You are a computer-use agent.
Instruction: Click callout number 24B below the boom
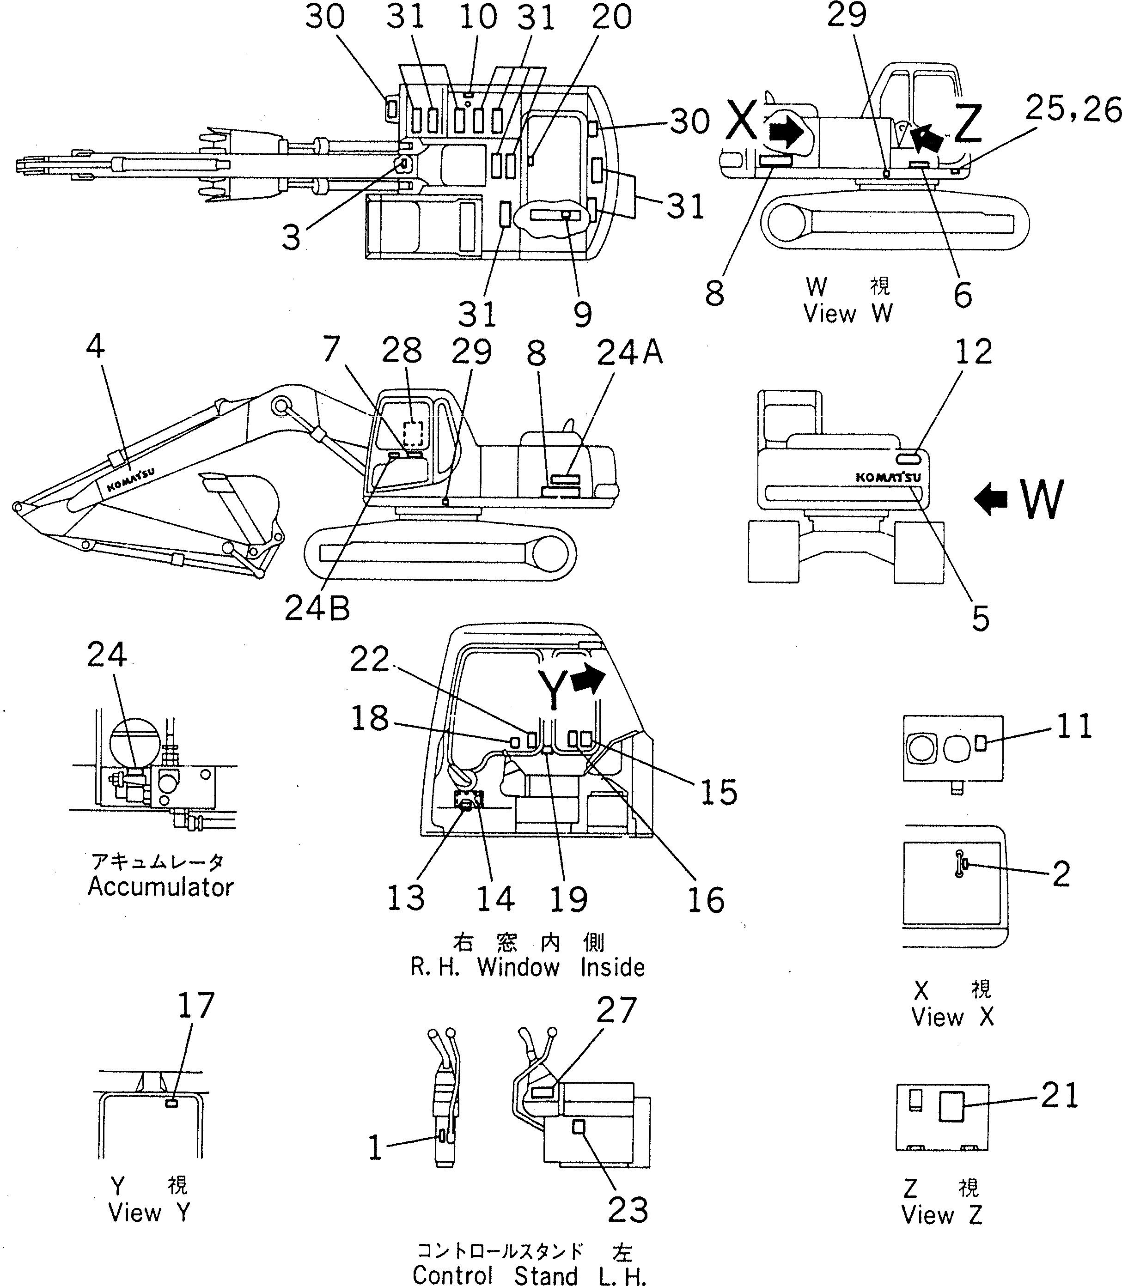click(317, 607)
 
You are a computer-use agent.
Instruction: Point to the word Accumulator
click(160, 887)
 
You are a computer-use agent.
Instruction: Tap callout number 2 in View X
click(1061, 874)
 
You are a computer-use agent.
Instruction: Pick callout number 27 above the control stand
click(616, 1010)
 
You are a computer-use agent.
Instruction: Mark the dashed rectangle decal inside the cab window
click(413, 433)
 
